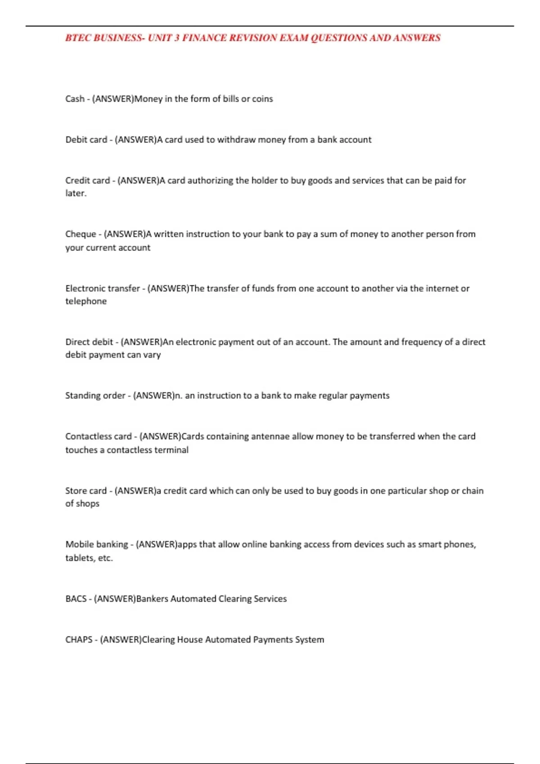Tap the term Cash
[75, 99]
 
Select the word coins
[262, 99]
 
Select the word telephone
[86, 301]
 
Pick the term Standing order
[95, 395]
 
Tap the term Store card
[86, 491]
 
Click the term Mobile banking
[97, 545]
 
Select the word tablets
[80, 558]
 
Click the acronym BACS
[76, 599]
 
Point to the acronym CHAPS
[79, 640]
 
